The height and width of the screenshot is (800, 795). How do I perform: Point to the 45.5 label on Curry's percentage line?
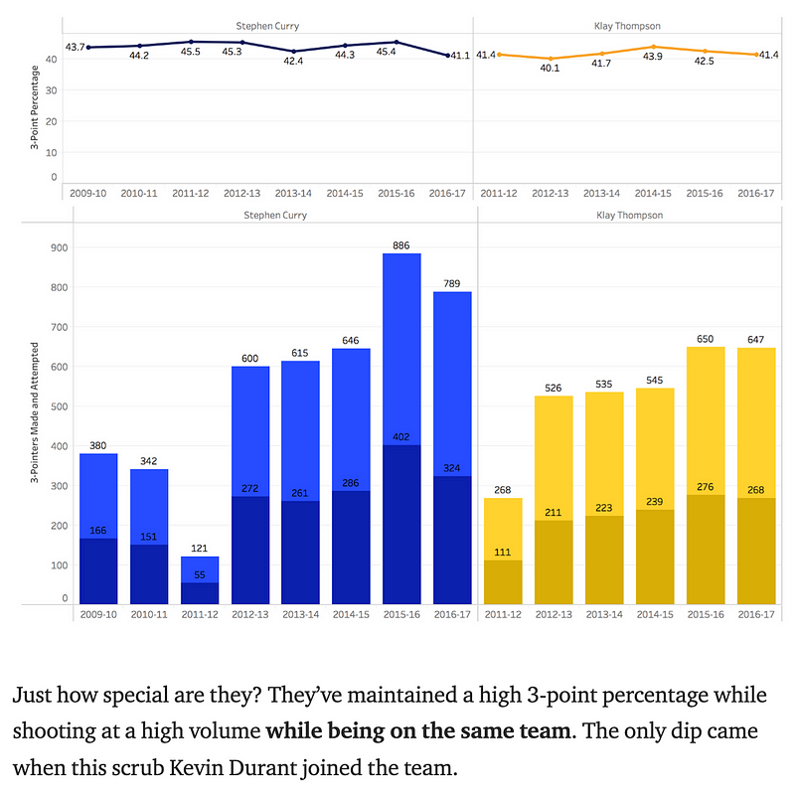click(x=192, y=52)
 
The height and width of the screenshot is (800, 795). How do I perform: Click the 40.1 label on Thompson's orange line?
click(x=550, y=69)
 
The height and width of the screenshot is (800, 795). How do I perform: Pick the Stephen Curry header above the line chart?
click(x=267, y=26)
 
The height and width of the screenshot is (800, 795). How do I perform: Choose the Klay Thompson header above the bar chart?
click(x=627, y=215)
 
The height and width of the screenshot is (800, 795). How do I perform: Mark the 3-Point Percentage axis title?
click(x=35, y=108)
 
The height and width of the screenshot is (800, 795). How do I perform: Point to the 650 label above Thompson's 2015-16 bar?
click(x=707, y=339)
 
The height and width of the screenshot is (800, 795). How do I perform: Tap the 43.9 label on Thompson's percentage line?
click(x=653, y=57)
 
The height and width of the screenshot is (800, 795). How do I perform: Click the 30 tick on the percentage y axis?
click(x=50, y=90)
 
